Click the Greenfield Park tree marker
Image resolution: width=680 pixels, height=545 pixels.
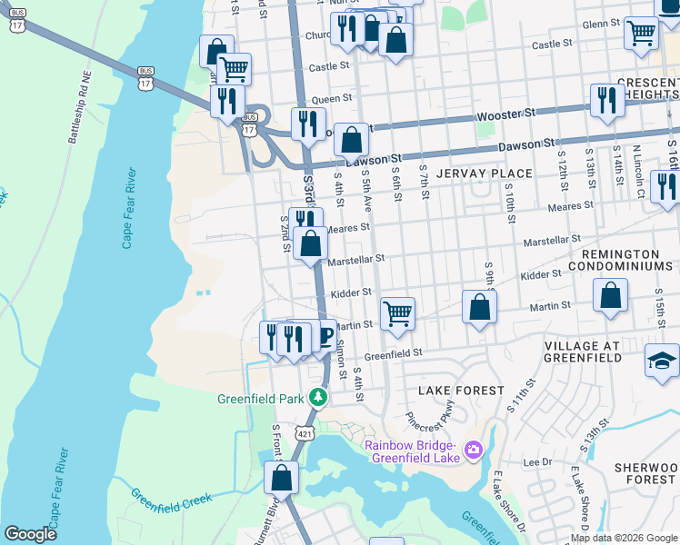[317, 397]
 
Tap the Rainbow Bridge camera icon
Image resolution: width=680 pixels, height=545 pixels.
[473, 450]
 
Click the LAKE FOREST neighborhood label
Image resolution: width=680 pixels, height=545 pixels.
[461, 390]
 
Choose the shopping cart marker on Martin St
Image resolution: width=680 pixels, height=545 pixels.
[397, 314]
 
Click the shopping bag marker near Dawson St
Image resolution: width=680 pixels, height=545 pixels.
[351, 140]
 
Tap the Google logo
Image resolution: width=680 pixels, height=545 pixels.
[30, 534]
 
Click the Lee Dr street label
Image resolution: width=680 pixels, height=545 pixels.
[539, 461]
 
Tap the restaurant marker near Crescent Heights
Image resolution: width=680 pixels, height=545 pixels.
[605, 101]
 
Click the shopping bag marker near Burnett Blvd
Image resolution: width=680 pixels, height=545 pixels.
[282, 477]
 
